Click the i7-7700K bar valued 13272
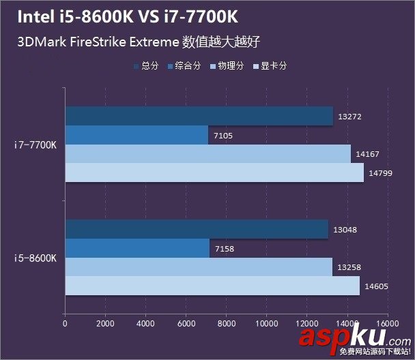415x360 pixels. [199, 116]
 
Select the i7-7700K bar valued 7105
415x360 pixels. [137, 135]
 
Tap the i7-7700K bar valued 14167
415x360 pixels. [207, 154]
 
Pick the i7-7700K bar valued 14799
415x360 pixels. [214, 173]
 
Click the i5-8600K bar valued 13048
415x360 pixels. [197, 230]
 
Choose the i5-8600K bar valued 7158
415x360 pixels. [137, 249]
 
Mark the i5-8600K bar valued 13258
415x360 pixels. [199, 267]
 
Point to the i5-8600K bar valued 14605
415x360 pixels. [212, 286]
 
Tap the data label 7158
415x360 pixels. [223, 249]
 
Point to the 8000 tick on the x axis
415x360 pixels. [226, 325]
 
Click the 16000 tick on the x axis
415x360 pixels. [387, 325]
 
